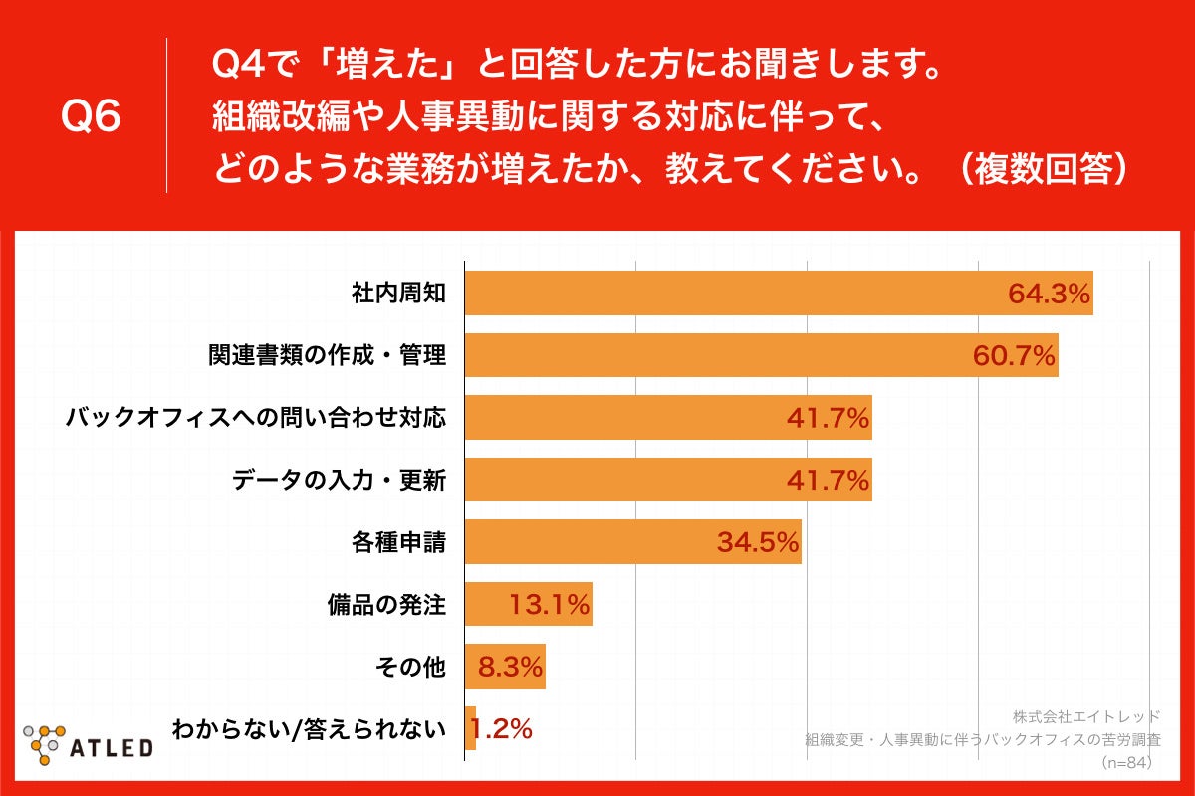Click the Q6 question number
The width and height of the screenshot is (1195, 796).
point(91,116)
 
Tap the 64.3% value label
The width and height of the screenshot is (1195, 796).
point(1050,294)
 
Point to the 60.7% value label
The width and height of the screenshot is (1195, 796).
point(1014,355)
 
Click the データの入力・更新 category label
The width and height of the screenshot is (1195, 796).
point(339,481)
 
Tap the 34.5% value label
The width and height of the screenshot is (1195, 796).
point(758,543)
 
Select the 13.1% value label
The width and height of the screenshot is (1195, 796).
point(550,604)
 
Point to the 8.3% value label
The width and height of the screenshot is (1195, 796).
point(510,667)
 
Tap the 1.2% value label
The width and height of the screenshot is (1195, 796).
point(501,729)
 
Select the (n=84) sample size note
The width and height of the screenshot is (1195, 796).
point(1126,763)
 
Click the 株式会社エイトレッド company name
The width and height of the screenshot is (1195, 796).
point(1086,716)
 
